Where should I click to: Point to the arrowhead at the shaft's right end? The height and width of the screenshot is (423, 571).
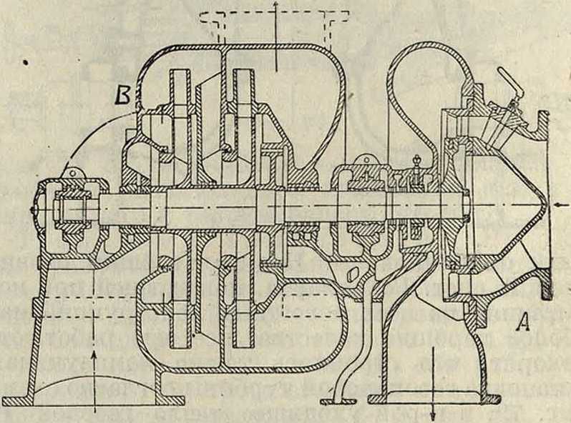coord(557,204)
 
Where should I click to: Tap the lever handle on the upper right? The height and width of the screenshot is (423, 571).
coord(507,77)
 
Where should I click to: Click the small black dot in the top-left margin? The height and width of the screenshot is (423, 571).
coord(26,63)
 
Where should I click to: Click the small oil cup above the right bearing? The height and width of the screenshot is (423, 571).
coord(416,162)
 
